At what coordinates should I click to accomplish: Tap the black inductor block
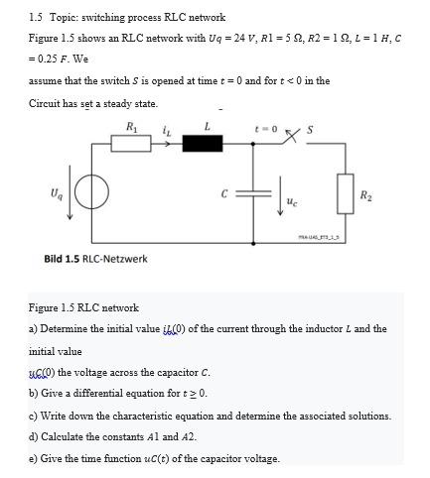tap(206, 144)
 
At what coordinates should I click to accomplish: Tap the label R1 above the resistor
tap(133, 124)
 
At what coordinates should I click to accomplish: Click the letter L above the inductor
tap(207, 125)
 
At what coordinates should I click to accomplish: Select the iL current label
tap(169, 126)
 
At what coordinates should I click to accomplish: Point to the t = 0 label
tap(266, 126)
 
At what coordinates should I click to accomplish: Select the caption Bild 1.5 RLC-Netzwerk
tap(96, 259)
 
